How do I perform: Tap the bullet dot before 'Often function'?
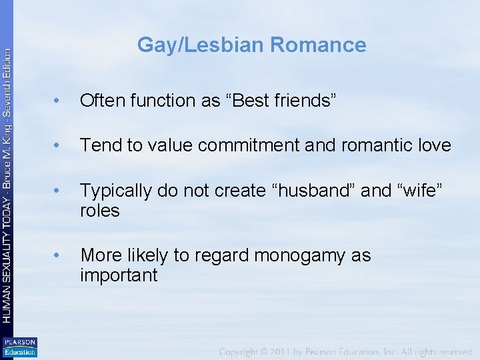[x=59, y=101]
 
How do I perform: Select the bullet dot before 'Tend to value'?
[x=59, y=146]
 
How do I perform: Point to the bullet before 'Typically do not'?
[x=59, y=191]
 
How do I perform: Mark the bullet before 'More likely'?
[x=59, y=256]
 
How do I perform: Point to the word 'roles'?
[x=100, y=211]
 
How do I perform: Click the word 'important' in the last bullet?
[x=119, y=275]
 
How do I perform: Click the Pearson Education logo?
[x=19, y=347]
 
